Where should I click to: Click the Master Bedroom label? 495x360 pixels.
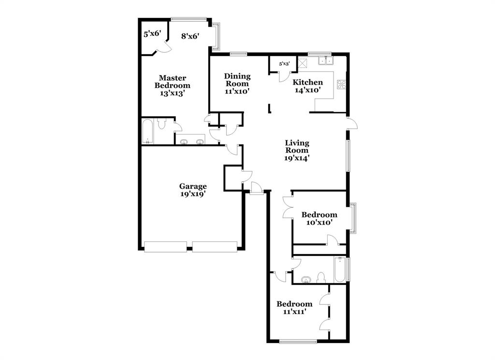point(173,85)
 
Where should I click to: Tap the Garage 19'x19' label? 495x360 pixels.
point(193,190)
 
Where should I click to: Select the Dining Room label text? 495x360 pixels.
point(237,83)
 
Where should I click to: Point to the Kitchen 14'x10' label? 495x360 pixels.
point(308,86)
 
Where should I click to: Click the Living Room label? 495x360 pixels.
point(297,150)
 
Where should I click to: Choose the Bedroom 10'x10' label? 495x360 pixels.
point(319,218)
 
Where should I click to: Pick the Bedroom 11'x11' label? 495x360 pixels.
point(294,308)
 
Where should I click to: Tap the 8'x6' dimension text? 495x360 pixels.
point(190,36)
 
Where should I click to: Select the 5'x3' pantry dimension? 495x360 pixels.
point(285,63)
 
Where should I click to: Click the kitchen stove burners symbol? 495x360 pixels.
point(342,85)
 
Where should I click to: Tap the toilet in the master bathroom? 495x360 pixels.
point(162,124)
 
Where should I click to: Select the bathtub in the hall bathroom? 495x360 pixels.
point(340,270)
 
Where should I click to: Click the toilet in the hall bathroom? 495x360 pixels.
point(320,277)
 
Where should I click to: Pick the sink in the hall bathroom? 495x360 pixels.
point(306,279)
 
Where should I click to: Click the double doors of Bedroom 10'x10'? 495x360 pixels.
point(288,206)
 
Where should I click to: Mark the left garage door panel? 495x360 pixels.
point(165,247)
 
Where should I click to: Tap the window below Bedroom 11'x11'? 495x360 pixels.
point(298,343)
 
